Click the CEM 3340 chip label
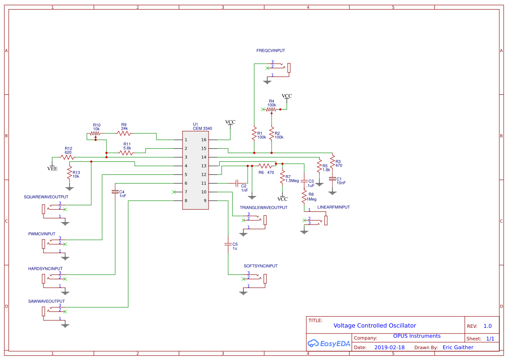[x=203, y=129]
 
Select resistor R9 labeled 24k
[x=124, y=133]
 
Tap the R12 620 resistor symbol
[x=68, y=157]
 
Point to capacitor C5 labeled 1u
[x=227, y=244]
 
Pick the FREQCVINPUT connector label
[x=271, y=51]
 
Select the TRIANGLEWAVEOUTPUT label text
[x=263, y=208]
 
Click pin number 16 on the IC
[x=204, y=140]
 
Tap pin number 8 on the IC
[x=186, y=201]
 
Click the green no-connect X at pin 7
[x=174, y=192]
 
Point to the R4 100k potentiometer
[x=271, y=110]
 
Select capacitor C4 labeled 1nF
[x=115, y=192]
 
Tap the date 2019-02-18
[x=389, y=347]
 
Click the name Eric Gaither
[x=458, y=347]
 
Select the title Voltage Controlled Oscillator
[x=375, y=326]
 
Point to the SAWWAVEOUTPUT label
[x=46, y=301]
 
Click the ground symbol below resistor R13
[x=69, y=188]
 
